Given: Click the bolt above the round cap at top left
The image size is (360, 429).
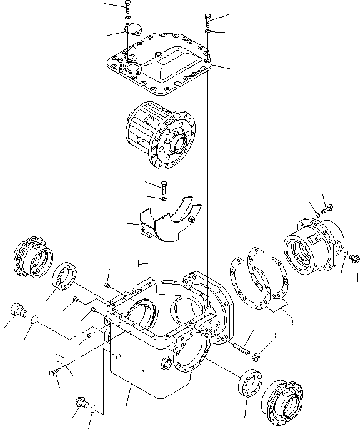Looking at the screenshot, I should (x=127, y=6).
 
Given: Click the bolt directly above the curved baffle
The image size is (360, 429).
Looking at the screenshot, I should (x=164, y=186).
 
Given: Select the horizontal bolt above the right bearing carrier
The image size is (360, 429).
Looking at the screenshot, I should (x=327, y=208).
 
